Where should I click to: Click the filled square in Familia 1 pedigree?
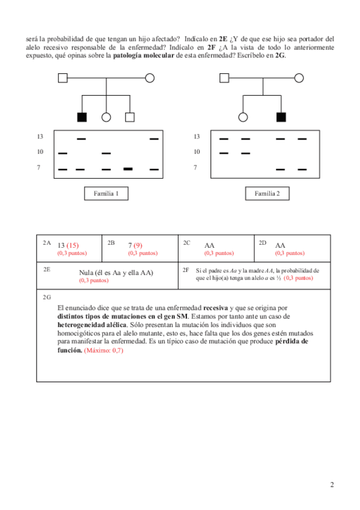82,117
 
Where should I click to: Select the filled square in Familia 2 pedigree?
281,117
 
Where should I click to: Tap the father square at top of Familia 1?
63,78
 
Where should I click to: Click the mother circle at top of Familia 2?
299,78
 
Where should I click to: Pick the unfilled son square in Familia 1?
130,117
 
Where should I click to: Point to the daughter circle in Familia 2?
243,117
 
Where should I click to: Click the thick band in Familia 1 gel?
128,169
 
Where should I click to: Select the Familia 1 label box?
106,194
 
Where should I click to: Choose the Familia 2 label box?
267,194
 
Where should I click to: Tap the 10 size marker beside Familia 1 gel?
40,152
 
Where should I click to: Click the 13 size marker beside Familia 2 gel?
197,137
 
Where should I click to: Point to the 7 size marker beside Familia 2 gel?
195,168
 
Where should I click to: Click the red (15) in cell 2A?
73,245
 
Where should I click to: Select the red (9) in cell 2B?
138,245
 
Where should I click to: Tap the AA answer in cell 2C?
209,245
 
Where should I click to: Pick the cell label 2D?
263,242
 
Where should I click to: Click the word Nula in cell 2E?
86,272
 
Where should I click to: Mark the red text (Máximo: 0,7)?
103,350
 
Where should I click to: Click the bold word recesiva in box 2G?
215,308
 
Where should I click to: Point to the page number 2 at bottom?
332,485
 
